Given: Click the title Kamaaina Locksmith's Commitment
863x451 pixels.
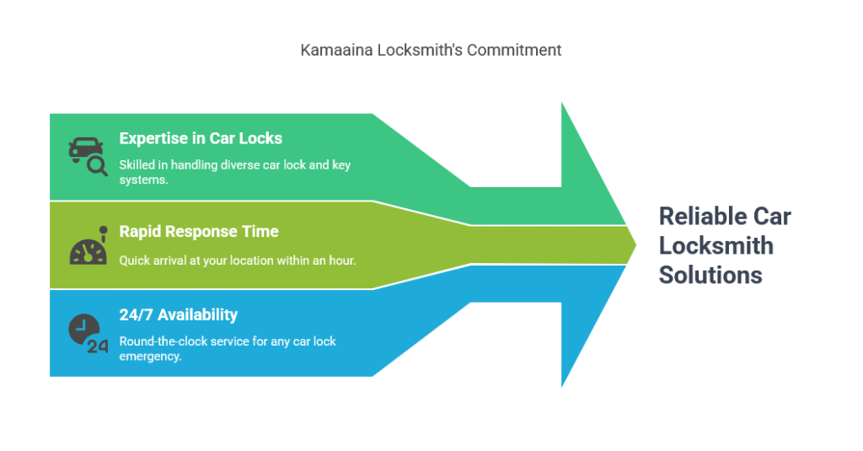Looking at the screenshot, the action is pyautogui.click(x=431, y=50).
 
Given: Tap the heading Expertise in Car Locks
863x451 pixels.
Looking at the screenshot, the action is pyautogui.click(x=201, y=138).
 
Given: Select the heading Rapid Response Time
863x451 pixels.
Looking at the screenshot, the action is pyautogui.click(x=199, y=231).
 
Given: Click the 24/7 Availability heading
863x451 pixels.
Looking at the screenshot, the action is pyautogui.click(x=179, y=314).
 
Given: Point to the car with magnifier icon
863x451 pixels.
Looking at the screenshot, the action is pyautogui.click(x=88, y=157).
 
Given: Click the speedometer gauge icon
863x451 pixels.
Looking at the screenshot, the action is pyautogui.click(x=88, y=245).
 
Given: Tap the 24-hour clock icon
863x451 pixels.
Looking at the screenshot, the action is pyautogui.click(x=88, y=334).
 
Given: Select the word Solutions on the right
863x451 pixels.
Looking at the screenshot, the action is pyautogui.click(x=710, y=275).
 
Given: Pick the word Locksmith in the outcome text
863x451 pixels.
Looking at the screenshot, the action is pyautogui.click(x=716, y=245).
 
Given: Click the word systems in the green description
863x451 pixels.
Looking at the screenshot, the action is pyautogui.click(x=143, y=180).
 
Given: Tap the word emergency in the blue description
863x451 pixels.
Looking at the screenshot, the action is pyautogui.click(x=150, y=357).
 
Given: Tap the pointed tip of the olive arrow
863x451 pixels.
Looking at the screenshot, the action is pyautogui.click(x=635, y=245).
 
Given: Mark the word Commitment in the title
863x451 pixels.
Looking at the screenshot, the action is pyautogui.click(x=514, y=50).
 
